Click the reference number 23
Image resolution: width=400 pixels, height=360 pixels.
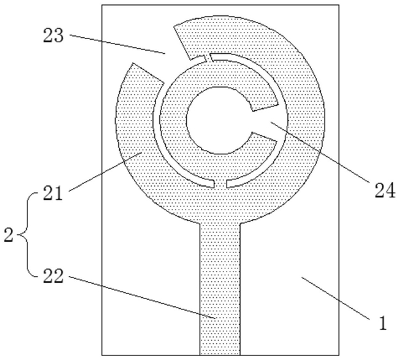(x=53, y=35)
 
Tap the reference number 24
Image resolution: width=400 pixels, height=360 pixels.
(x=385, y=190)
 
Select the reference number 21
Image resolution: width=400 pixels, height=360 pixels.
(x=52, y=193)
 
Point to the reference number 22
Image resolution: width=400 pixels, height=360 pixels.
(x=53, y=276)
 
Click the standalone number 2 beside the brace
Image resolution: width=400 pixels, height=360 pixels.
(x=8, y=235)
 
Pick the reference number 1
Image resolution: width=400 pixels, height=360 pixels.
(x=383, y=323)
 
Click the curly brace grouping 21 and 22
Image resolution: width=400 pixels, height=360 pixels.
(x=29, y=234)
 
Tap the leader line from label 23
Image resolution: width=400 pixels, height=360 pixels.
(x=117, y=44)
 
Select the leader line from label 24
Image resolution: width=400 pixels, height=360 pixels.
(x=319, y=152)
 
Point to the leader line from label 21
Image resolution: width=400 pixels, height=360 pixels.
(x=105, y=171)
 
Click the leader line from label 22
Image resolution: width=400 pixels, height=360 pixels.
(x=143, y=297)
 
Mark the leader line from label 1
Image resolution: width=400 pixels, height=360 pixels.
(x=335, y=299)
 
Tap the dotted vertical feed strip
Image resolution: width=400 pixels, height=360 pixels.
(x=220, y=289)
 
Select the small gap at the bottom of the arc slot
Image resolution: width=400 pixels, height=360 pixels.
(x=220, y=184)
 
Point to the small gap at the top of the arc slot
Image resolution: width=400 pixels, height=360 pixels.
(x=208, y=58)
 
